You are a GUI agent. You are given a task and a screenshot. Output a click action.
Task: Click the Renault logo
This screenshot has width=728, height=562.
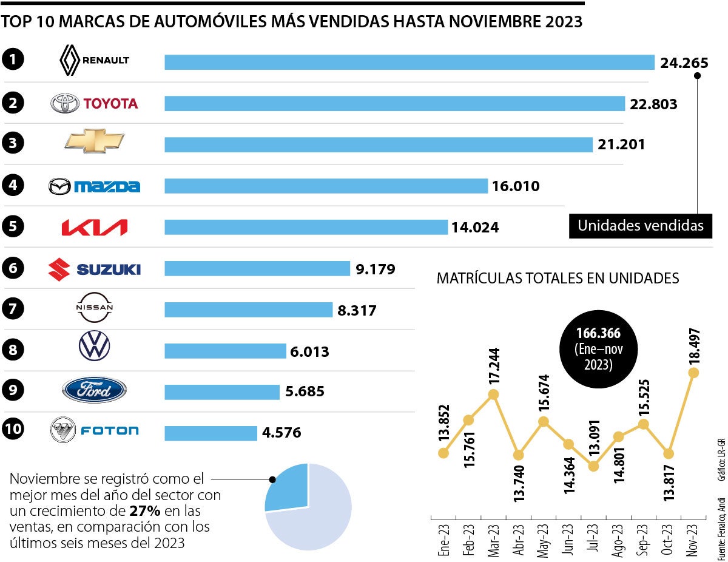(94, 61)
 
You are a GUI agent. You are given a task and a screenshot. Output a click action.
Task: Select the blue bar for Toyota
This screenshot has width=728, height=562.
(394, 103)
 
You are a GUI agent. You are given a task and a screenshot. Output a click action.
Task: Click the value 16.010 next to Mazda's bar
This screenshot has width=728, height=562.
(515, 186)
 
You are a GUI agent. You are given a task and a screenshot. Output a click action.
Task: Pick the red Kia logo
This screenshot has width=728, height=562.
(94, 227)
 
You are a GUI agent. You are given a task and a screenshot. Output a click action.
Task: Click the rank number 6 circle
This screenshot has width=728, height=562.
(13, 268)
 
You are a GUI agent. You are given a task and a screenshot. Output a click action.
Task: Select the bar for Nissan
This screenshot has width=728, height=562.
(249, 310)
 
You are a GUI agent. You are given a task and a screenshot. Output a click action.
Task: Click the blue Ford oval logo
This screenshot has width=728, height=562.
(94, 390)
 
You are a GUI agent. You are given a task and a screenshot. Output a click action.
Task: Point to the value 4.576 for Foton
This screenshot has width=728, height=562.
(281, 433)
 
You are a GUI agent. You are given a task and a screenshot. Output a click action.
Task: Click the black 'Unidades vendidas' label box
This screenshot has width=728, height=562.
(640, 226)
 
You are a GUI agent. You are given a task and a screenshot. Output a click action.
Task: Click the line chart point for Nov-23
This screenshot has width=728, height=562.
(693, 372)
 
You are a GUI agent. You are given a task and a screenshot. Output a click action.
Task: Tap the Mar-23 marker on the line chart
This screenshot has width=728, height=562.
(493, 394)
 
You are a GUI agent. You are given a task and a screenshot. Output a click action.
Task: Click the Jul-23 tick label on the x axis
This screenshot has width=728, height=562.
(593, 535)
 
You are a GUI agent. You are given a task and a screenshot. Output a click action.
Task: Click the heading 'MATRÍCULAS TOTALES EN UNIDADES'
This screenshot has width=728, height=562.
(558, 279)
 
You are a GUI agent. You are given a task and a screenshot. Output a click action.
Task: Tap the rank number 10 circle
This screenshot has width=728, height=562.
(13, 430)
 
